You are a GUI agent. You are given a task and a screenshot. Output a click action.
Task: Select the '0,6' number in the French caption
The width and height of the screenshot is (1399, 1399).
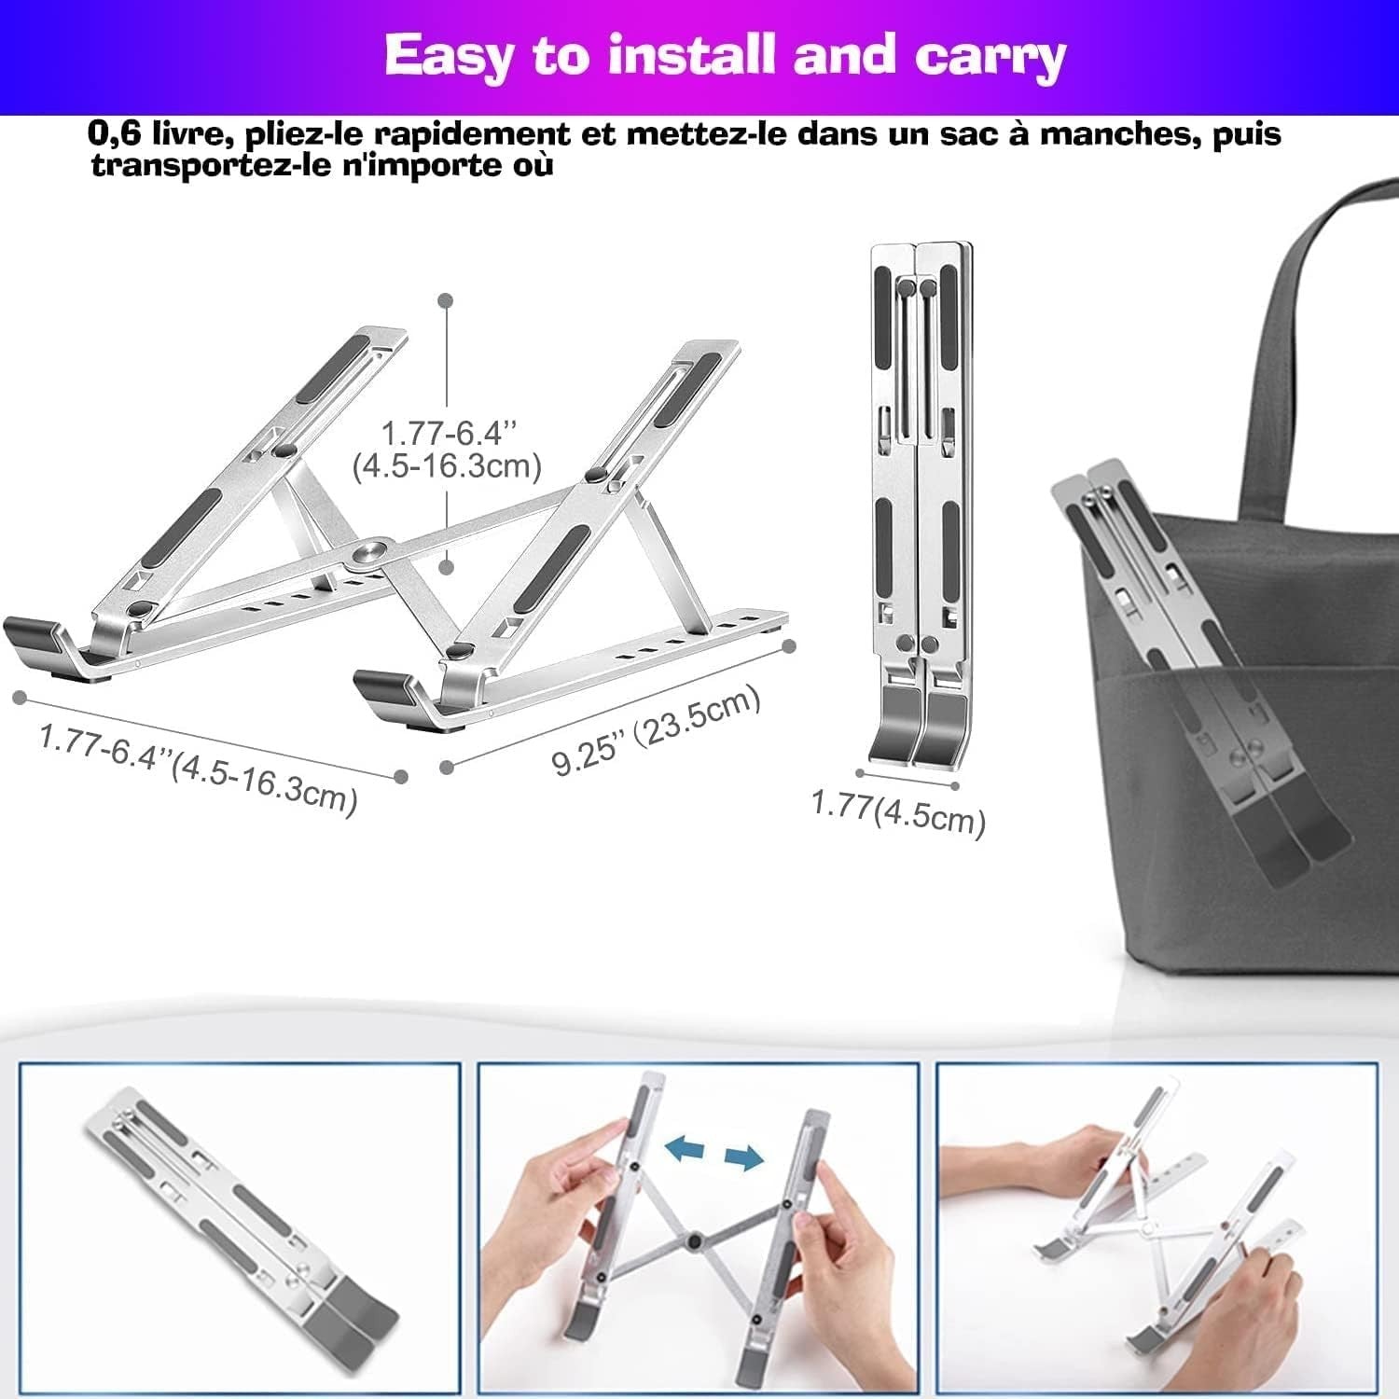coord(114,133)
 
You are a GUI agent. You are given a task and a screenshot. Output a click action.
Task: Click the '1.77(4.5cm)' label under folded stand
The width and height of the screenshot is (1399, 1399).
coord(897,811)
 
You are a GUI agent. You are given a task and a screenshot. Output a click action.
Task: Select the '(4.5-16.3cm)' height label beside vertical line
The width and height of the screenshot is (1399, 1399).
coord(447,465)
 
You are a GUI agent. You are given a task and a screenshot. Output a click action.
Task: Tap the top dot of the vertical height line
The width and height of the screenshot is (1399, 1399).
coord(447,300)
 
